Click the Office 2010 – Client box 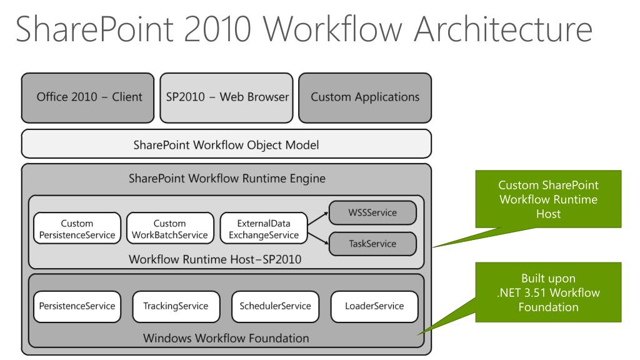coord(87,98)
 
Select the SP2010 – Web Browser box coord(226,98)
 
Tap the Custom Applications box coord(365,98)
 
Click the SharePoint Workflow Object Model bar coord(226,144)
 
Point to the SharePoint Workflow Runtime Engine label coord(227,178)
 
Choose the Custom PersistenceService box coord(77,228)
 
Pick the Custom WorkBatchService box coord(170,228)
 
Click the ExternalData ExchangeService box coord(264,228)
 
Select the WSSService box coord(372,212)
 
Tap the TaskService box coord(372,244)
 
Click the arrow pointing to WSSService coord(318,218)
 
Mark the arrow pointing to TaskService coord(318,239)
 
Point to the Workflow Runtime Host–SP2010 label coord(215,259)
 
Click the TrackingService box coord(176,306)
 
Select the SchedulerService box coord(275,306)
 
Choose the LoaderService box coord(374,306)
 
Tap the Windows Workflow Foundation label coord(226,338)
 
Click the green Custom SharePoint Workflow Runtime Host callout coord(548,199)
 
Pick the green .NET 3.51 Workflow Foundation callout coord(548,292)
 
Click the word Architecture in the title coord(503,29)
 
